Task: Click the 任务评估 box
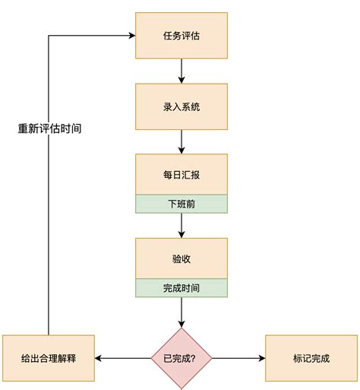pyautogui.click(x=181, y=35)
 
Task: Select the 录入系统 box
pyautogui.click(x=181, y=106)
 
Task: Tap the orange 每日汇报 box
pyautogui.click(x=181, y=174)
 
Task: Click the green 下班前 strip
pyautogui.click(x=181, y=204)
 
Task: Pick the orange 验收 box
pyautogui.click(x=181, y=258)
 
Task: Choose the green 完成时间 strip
pyautogui.click(x=181, y=288)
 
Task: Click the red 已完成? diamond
pyautogui.click(x=181, y=358)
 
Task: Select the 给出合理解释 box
pyautogui.click(x=49, y=358)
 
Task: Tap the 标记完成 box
pyautogui.click(x=311, y=358)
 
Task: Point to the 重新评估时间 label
pyautogui.click(x=49, y=128)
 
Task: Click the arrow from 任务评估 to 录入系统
pyautogui.click(x=181, y=71)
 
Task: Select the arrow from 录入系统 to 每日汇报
pyautogui.click(x=181, y=142)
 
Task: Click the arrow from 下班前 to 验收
pyautogui.click(x=181, y=225)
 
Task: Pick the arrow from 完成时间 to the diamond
pyautogui.click(x=181, y=312)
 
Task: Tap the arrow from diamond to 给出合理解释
pyautogui.click(x=123, y=358)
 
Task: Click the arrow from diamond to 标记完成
pyautogui.click(x=238, y=358)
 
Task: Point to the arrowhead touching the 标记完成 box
pyautogui.click(x=261, y=358)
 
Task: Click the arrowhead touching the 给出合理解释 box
pyautogui.click(x=99, y=358)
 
